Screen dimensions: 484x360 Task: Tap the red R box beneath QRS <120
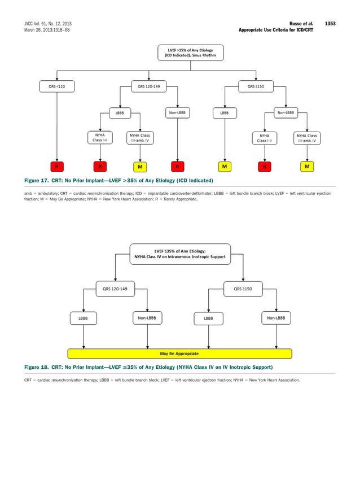(x=56, y=167)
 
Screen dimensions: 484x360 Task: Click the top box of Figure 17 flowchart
(x=191, y=53)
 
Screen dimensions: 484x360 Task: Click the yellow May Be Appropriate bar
(x=179, y=354)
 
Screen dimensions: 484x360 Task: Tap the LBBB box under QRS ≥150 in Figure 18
(x=208, y=319)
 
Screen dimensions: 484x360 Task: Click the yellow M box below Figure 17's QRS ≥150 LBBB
(x=224, y=167)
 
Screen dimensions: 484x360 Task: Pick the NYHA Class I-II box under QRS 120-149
(x=100, y=138)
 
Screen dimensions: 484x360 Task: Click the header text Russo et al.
(x=304, y=23)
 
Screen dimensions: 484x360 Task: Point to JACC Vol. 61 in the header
(x=48, y=23)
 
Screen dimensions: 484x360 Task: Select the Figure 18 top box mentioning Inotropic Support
(x=180, y=254)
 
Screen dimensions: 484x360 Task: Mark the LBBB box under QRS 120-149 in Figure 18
(x=83, y=319)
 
